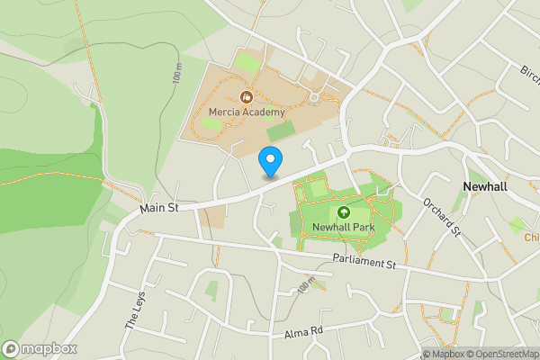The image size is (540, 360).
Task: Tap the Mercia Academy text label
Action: click(246, 112)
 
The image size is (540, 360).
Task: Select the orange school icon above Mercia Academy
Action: click(246, 95)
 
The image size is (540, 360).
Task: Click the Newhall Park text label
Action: click(343, 228)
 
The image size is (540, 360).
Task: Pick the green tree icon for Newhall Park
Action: click(343, 212)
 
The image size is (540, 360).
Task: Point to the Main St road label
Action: click(160, 208)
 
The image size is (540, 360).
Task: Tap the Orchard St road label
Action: click(441, 218)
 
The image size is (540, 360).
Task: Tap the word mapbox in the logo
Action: click(49, 348)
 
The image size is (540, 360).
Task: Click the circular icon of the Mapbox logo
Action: click(12, 348)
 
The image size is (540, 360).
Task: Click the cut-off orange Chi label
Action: click(531, 238)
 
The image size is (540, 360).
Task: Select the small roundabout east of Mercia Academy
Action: click(315, 95)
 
